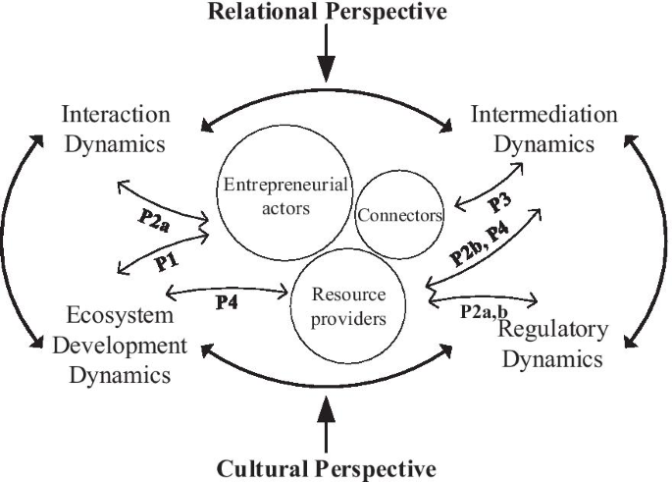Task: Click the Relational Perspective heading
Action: coord(327,13)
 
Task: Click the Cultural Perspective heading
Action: coord(327,468)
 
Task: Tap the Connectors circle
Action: coord(400,214)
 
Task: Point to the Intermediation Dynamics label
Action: coord(544,129)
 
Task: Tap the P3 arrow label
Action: coord(497,201)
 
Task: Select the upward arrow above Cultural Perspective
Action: coord(327,425)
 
